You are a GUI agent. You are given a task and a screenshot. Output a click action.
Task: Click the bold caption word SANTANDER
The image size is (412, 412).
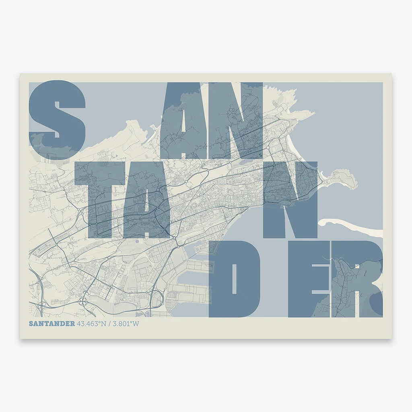coord(51,323)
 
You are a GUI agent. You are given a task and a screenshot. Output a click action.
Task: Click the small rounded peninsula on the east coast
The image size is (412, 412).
coord(344,179)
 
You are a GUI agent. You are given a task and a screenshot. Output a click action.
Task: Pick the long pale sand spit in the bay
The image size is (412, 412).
coord(354,226)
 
